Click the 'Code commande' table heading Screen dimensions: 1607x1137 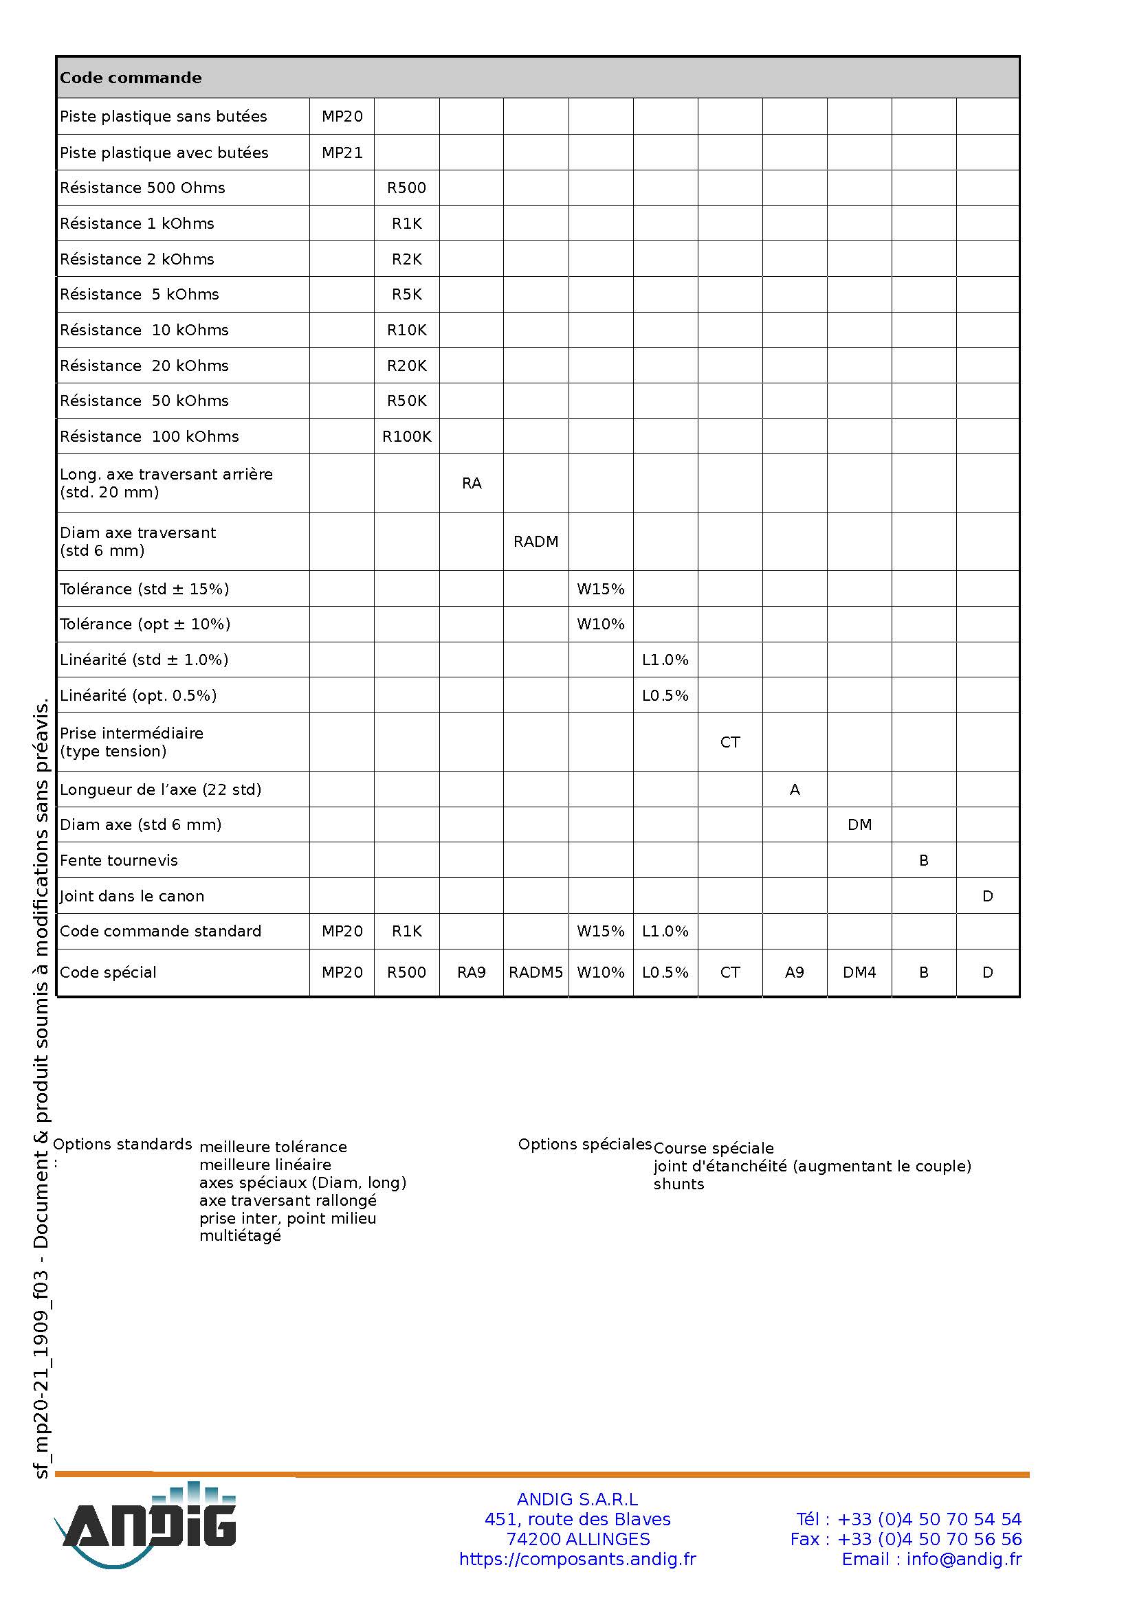pyautogui.click(x=131, y=78)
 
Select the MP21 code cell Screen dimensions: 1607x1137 pyautogui.click(x=342, y=153)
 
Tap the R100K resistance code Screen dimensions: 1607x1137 pyautogui.click(x=407, y=437)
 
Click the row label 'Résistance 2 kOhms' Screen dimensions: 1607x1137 pyautogui.click(x=137, y=259)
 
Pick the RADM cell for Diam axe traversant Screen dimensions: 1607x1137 pyautogui.click(x=536, y=541)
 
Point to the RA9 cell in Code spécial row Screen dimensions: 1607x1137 pyautogui.click(x=471, y=972)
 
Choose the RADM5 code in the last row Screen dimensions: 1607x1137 pyautogui.click(x=536, y=972)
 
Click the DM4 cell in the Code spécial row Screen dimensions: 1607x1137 pyautogui.click(x=859, y=972)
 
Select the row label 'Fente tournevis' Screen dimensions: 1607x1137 pyautogui.click(x=119, y=860)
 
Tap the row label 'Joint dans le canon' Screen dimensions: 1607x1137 pyautogui.click(x=132, y=896)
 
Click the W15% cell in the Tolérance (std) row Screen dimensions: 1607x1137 pyautogui.click(x=601, y=589)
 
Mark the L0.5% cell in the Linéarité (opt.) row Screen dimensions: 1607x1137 pyautogui.click(x=665, y=696)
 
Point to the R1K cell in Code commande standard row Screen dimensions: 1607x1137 pyautogui.click(x=407, y=931)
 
